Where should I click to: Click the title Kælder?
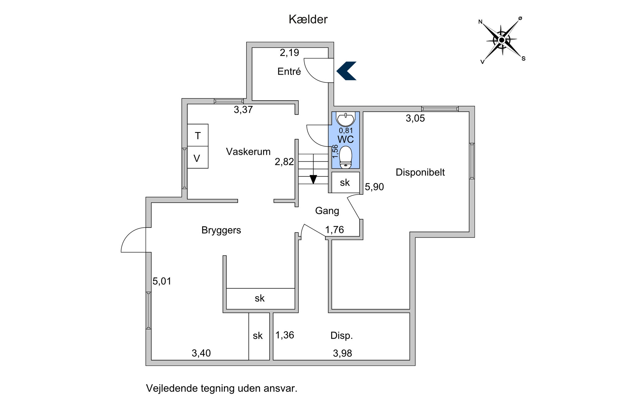[308, 19]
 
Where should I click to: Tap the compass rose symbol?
[501, 40]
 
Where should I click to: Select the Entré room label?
[289, 72]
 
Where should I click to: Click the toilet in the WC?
[346, 157]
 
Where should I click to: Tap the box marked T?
[198, 135]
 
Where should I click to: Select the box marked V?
[198, 157]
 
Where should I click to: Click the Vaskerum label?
[248, 152]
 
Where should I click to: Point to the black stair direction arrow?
[313, 179]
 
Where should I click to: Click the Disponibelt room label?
[420, 172]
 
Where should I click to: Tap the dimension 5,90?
[374, 187]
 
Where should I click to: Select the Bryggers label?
[221, 230]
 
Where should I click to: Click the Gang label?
[327, 211]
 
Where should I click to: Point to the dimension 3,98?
[342, 353]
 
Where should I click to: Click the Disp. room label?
[341, 336]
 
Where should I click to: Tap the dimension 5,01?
[162, 281]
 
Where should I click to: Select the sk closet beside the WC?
[345, 182]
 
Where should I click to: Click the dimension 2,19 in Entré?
[289, 53]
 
